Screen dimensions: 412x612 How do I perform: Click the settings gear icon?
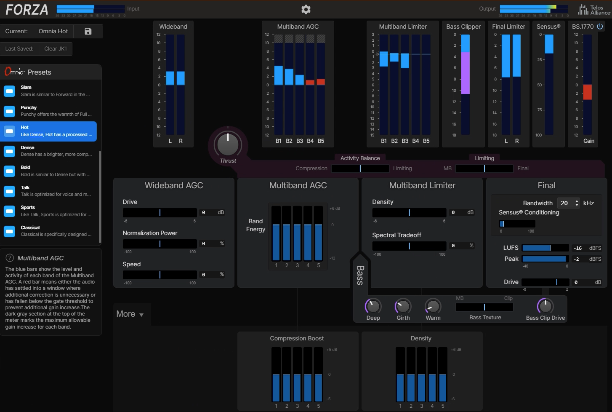coord(306,9)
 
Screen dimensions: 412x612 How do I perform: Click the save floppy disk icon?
coord(88,31)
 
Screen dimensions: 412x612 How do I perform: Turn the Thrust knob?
coord(228,144)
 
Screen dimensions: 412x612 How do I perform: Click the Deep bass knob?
coord(373,306)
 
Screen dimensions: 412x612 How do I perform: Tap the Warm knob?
coord(433,306)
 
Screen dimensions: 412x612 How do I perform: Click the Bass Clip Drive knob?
coord(545,306)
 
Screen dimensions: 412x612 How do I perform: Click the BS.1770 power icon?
coord(600,26)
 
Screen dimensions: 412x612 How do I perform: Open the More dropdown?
coord(130,314)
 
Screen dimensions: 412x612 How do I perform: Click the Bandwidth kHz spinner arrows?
coord(577,203)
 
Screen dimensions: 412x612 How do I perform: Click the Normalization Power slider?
coord(160,244)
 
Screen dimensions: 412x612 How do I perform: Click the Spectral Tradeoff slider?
coord(409,246)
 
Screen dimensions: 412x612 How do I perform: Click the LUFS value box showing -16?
coord(578,248)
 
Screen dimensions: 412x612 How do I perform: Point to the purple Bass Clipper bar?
coord(466,72)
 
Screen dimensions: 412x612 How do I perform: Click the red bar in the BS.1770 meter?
coord(587,92)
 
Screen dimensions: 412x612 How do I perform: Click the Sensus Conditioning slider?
coord(517,224)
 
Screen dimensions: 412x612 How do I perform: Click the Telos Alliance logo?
coord(594,10)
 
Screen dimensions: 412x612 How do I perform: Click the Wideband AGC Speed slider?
coord(160,275)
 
